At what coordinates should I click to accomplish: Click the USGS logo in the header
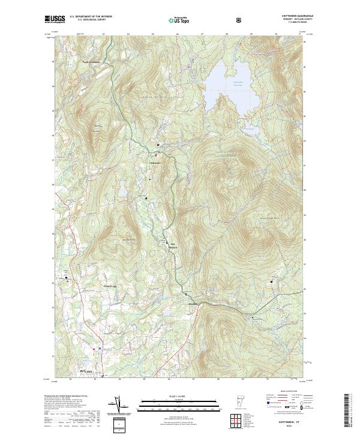pyautogui.click(x=55, y=20)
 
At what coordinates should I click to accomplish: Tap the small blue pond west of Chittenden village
pyautogui.click(x=122, y=191)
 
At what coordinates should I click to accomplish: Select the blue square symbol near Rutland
pyautogui.click(x=99, y=347)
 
